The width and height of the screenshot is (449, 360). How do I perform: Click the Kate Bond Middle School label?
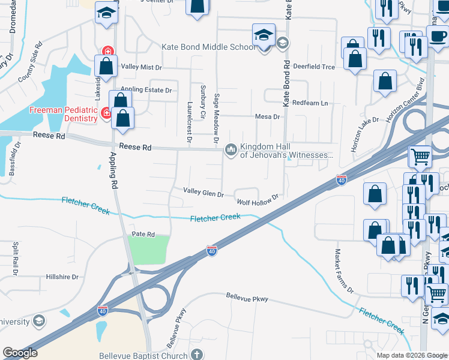tap(209, 47)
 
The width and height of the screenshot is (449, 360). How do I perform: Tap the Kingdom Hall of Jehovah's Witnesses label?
tap(286, 151)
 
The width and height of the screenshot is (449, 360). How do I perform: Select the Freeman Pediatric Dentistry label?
tap(64, 114)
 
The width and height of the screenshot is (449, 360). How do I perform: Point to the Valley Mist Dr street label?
tap(142, 67)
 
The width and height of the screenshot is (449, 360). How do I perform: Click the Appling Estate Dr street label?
tap(146, 91)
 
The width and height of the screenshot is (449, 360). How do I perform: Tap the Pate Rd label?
tap(143, 234)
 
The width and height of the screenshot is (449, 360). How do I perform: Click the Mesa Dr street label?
tap(268, 116)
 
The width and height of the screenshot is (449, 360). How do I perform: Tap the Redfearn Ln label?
tap(310, 103)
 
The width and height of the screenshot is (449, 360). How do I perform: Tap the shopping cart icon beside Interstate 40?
tap(420, 157)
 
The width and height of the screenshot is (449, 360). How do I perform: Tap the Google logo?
tap(20, 352)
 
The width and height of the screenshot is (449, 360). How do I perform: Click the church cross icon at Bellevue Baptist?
tap(196, 354)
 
